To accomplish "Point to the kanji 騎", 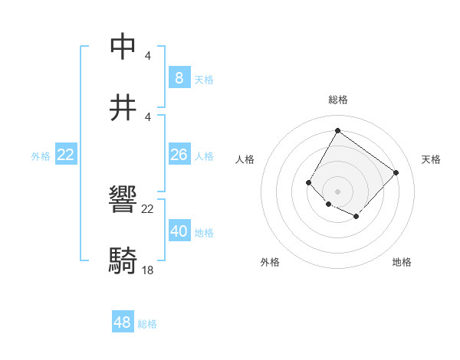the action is [124, 261].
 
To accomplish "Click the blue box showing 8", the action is [179, 78].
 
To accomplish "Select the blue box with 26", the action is [179, 155].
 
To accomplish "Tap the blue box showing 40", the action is [179, 231].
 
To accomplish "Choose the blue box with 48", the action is [123, 322].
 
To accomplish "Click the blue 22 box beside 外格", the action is [66, 155].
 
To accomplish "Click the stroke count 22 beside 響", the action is [148, 209].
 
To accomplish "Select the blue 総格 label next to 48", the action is [147, 324].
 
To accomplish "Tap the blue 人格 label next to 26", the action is [204, 156].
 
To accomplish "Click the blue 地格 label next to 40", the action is [204, 233].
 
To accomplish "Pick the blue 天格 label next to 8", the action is [204, 80].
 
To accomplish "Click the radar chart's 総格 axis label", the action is [338, 100].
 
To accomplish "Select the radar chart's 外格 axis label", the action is [270, 263].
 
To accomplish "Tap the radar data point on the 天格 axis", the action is [396, 172].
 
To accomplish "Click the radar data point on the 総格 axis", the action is [337, 130].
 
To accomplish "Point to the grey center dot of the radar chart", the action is [337, 191].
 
